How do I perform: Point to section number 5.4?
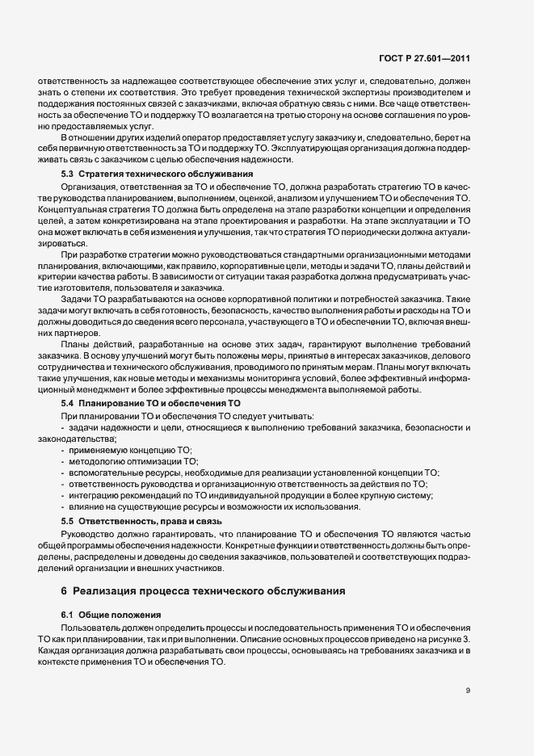[69, 402]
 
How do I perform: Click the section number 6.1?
[69, 615]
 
